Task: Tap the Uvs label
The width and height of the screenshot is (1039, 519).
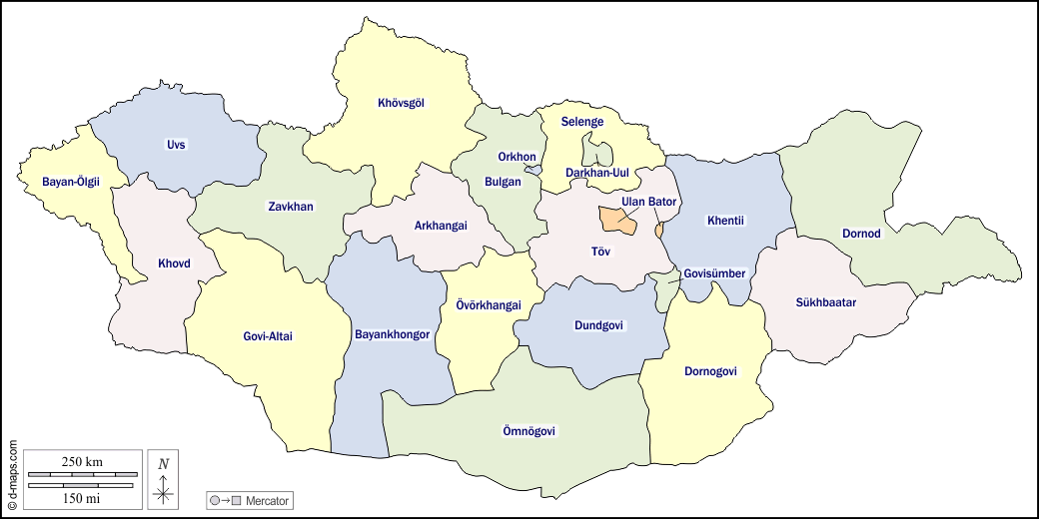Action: (177, 145)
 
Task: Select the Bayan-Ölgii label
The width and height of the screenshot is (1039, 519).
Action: (71, 182)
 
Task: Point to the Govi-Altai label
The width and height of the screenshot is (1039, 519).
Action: (268, 336)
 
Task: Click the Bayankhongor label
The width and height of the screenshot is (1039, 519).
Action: (393, 334)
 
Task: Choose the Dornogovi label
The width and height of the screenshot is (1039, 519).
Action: (710, 371)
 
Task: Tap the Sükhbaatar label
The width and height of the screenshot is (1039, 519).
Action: (826, 301)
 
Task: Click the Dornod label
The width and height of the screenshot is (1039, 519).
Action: (861, 234)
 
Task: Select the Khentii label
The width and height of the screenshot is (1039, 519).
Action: (726, 221)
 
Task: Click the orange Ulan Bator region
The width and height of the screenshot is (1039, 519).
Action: (616, 221)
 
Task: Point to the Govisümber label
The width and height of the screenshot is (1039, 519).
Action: (715, 273)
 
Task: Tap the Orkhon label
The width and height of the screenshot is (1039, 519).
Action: (518, 157)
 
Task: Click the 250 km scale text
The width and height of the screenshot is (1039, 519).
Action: (82, 461)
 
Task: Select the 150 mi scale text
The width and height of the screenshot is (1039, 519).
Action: (82, 497)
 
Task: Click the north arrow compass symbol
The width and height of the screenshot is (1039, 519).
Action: (164, 479)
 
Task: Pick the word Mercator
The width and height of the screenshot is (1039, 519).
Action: (268, 499)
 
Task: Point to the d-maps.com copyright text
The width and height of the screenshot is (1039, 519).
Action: (12, 474)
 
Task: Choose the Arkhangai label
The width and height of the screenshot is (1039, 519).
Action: (441, 225)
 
